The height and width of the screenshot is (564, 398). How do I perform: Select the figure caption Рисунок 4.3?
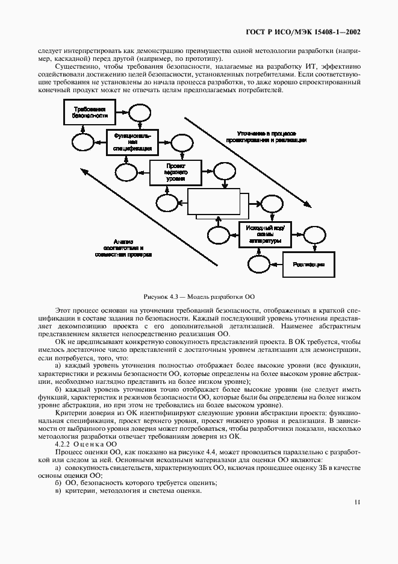coord(199,296)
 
